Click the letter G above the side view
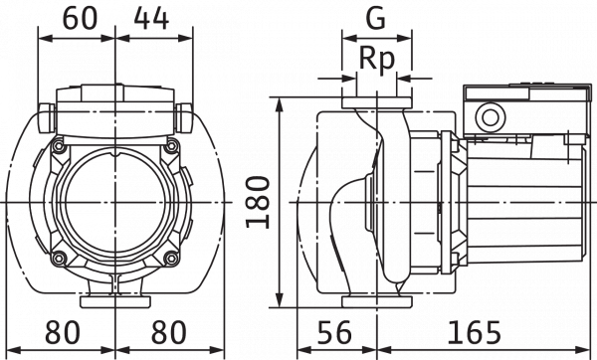(x=375, y=19)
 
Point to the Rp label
(x=376, y=60)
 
